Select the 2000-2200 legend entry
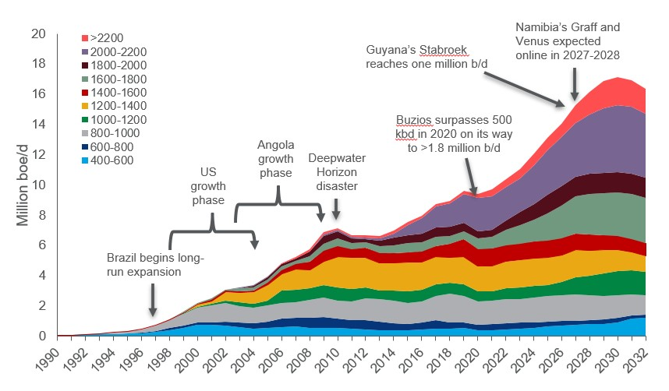114,51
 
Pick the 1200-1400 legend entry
114,106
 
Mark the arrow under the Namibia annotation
575,82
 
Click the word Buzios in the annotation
416,120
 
